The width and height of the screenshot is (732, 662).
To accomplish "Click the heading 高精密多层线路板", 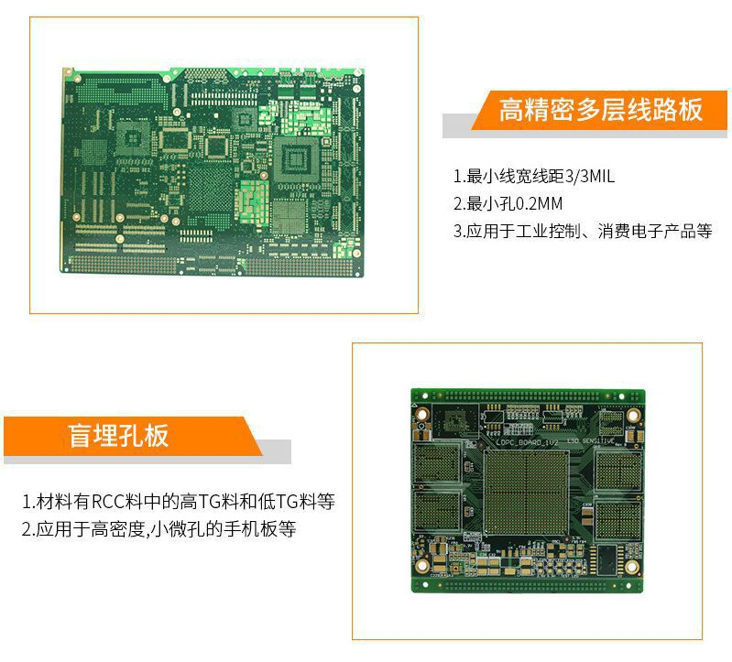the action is click(x=600, y=110).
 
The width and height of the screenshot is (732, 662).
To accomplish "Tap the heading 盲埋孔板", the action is click(x=118, y=436).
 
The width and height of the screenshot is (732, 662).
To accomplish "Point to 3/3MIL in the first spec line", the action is click(x=590, y=177).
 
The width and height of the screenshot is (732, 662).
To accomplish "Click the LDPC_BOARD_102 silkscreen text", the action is click(x=527, y=442).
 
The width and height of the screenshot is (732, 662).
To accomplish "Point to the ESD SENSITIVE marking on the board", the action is click(x=591, y=440).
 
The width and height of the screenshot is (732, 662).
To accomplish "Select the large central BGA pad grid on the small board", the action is click(x=527, y=493).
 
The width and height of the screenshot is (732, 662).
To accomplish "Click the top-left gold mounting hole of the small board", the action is click(x=422, y=414).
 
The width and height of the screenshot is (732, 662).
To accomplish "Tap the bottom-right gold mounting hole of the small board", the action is click(x=631, y=567).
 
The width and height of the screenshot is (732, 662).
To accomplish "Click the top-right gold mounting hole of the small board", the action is click(x=633, y=415).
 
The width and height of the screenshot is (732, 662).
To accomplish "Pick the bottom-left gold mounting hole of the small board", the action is click(x=422, y=566).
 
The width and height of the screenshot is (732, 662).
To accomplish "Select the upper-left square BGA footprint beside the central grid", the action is click(x=437, y=463).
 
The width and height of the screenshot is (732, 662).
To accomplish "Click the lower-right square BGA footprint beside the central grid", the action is click(x=618, y=519).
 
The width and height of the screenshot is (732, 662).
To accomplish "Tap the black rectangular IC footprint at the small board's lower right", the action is click(x=606, y=559).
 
